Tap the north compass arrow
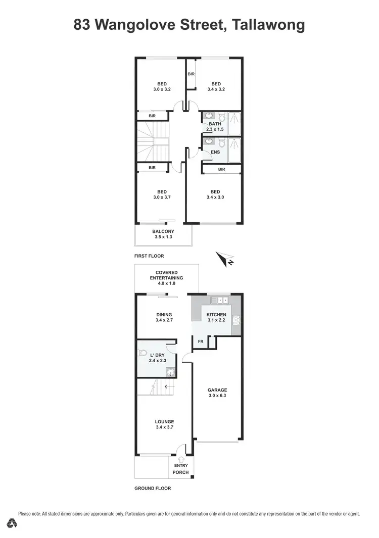click(223, 259)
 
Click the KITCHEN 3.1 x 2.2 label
click(216, 318)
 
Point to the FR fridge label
click(200, 341)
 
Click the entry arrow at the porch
click(181, 458)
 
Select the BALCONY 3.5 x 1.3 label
click(163, 234)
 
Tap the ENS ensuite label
click(215, 152)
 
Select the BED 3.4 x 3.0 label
click(215, 194)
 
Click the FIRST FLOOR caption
click(149, 256)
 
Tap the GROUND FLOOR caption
click(153, 488)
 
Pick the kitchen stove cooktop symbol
click(235, 320)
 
